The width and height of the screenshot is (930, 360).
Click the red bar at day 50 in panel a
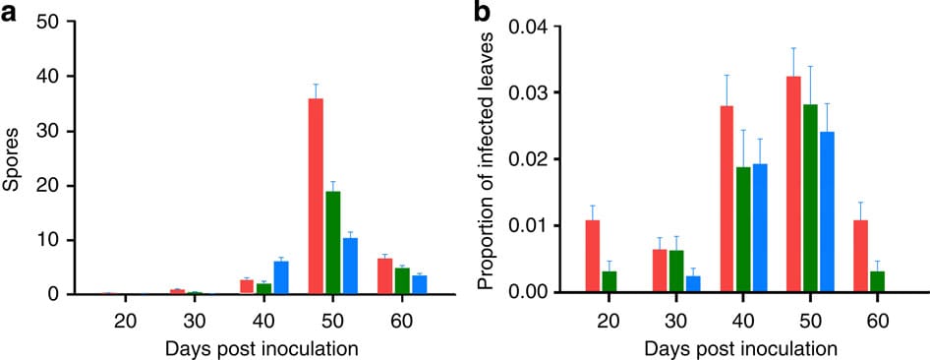317,197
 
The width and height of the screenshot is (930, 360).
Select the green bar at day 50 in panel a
333,243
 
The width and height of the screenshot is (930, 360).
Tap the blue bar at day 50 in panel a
350,267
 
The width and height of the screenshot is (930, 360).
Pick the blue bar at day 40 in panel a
281,277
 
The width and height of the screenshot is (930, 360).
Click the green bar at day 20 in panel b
610,281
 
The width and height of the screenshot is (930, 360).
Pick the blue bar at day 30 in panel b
694,284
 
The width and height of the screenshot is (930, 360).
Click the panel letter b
483,13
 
